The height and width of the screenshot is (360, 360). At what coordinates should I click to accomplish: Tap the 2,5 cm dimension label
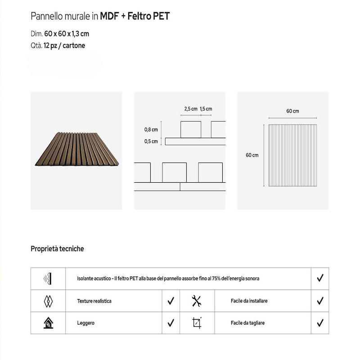coord(191,109)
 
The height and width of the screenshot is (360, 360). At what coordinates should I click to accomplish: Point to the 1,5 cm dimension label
coord(206,109)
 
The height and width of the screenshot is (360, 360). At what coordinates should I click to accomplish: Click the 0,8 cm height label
coord(151,130)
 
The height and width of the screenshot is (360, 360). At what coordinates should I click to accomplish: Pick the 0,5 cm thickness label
coord(151,141)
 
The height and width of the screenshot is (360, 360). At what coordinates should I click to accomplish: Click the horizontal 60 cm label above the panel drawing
coord(292,111)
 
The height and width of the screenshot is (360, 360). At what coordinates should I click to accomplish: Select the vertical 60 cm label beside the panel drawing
coord(252,155)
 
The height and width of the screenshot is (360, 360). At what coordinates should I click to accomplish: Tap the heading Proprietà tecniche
coord(57,248)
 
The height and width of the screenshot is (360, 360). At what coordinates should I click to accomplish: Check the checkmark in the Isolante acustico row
coord(320,279)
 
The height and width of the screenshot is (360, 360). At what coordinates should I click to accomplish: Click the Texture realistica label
coord(94,301)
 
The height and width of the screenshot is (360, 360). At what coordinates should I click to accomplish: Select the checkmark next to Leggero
coord(171,323)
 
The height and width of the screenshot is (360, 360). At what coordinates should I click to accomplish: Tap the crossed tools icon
coord(197,301)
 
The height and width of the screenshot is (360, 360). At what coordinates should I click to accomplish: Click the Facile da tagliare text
coord(247,323)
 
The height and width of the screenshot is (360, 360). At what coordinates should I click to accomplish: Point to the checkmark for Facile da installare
coord(320,301)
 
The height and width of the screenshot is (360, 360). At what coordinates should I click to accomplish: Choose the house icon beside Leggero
coord(48,323)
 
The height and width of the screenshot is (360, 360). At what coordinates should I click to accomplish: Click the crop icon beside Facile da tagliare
coord(197,323)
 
